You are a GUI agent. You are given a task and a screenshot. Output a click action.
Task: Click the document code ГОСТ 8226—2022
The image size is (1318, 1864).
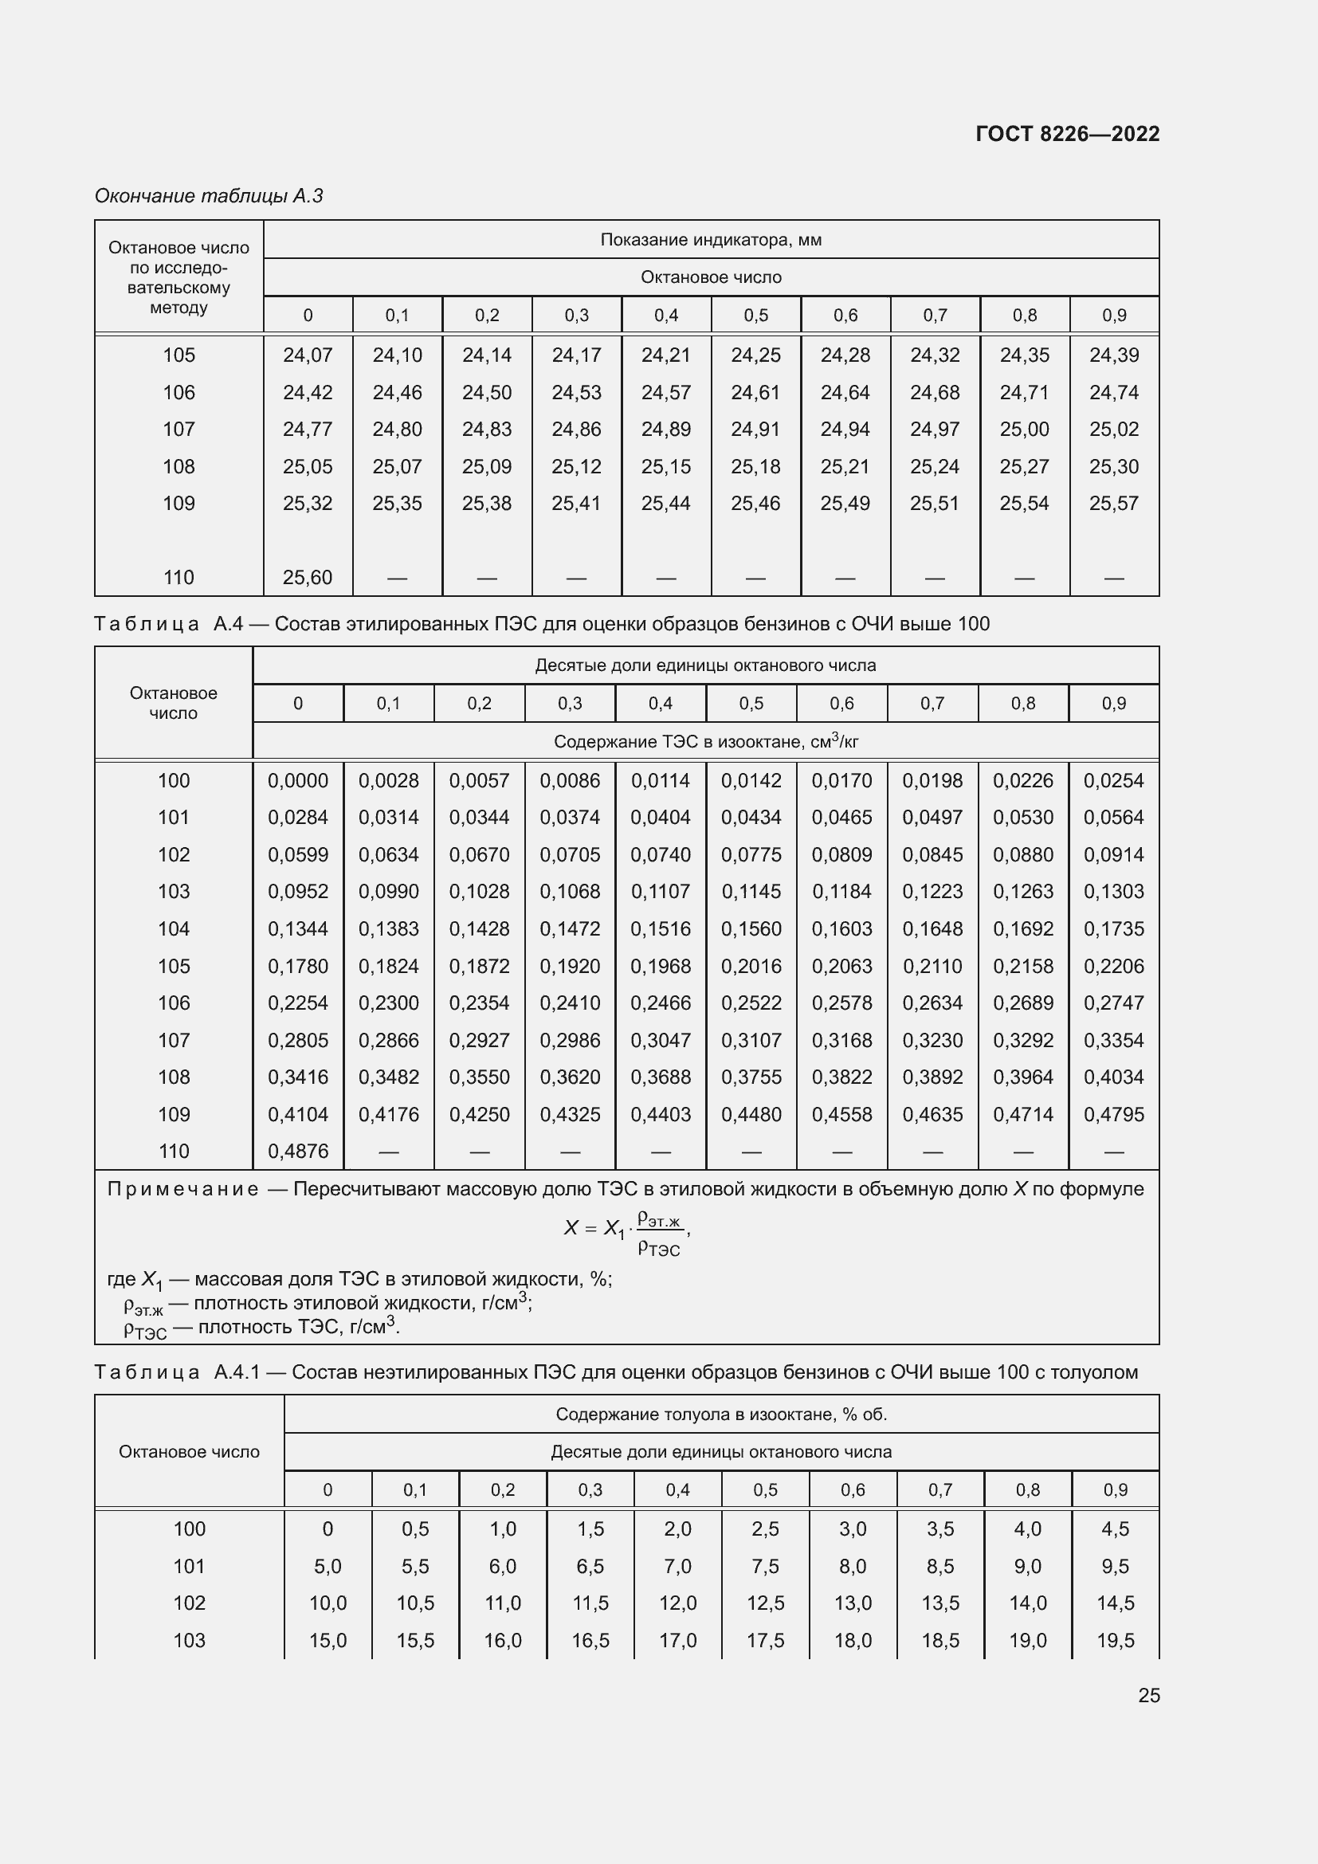pos(1067,134)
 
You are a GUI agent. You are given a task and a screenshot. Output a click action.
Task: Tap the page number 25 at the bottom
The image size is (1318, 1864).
pos(1148,1695)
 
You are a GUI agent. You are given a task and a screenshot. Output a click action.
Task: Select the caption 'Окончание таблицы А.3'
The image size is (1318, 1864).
pos(209,196)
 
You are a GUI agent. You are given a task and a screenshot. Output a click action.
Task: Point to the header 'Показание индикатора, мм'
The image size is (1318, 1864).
pos(711,240)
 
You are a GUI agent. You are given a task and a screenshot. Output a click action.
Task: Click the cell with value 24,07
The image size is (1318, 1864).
pos(308,355)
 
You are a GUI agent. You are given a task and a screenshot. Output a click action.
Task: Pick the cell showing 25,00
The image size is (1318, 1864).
pos(1024,429)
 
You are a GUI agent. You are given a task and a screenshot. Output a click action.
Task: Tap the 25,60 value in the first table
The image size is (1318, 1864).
pos(308,577)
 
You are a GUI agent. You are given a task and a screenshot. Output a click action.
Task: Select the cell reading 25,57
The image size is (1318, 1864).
pos(1113,504)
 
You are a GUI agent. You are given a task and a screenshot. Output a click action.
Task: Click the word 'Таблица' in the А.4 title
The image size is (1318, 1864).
pos(147,623)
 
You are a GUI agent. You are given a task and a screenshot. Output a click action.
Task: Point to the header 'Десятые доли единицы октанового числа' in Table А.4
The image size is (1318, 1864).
pos(705,665)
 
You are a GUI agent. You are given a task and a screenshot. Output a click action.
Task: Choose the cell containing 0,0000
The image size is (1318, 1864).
pos(298,780)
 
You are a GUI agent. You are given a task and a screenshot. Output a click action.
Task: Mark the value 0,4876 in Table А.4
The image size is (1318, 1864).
pos(298,1152)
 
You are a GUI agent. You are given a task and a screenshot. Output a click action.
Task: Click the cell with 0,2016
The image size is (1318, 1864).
pos(751,966)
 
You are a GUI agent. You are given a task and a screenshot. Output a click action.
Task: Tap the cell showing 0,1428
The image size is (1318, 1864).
pos(479,928)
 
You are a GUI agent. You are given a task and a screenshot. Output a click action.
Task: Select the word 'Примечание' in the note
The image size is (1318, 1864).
pos(182,1189)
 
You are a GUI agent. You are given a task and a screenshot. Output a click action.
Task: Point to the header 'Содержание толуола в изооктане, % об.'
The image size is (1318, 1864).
pos(720,1415)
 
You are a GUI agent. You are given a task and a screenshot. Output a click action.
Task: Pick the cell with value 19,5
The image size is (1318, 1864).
pos(1115,1640)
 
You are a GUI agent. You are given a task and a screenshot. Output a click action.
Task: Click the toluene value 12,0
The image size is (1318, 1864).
pos(677,1603)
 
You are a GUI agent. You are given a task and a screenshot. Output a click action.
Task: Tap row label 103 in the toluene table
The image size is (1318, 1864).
pos(189,1640)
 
